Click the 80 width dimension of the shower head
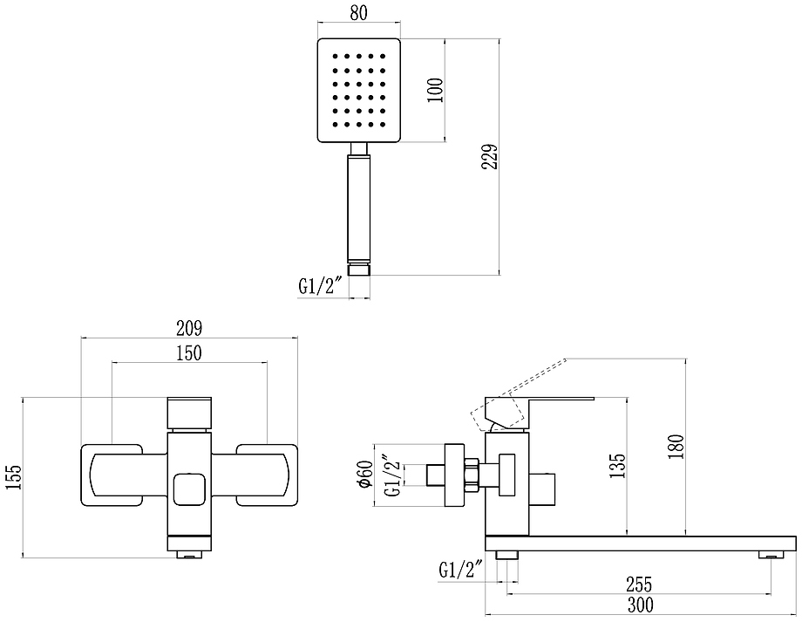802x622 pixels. tap(359, 13)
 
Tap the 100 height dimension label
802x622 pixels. tap(435, 90)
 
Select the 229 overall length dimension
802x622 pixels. tap(490, 157)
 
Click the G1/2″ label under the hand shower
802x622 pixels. tap(320, 286)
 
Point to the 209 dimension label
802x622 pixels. tap(189, 328)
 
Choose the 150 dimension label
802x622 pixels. tap(189, 352)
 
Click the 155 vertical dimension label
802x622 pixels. tap(14, 477)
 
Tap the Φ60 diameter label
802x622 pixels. tap(366, 474)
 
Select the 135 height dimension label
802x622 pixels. tap(617, 465)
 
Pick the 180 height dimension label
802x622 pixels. tap(676, 447)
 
